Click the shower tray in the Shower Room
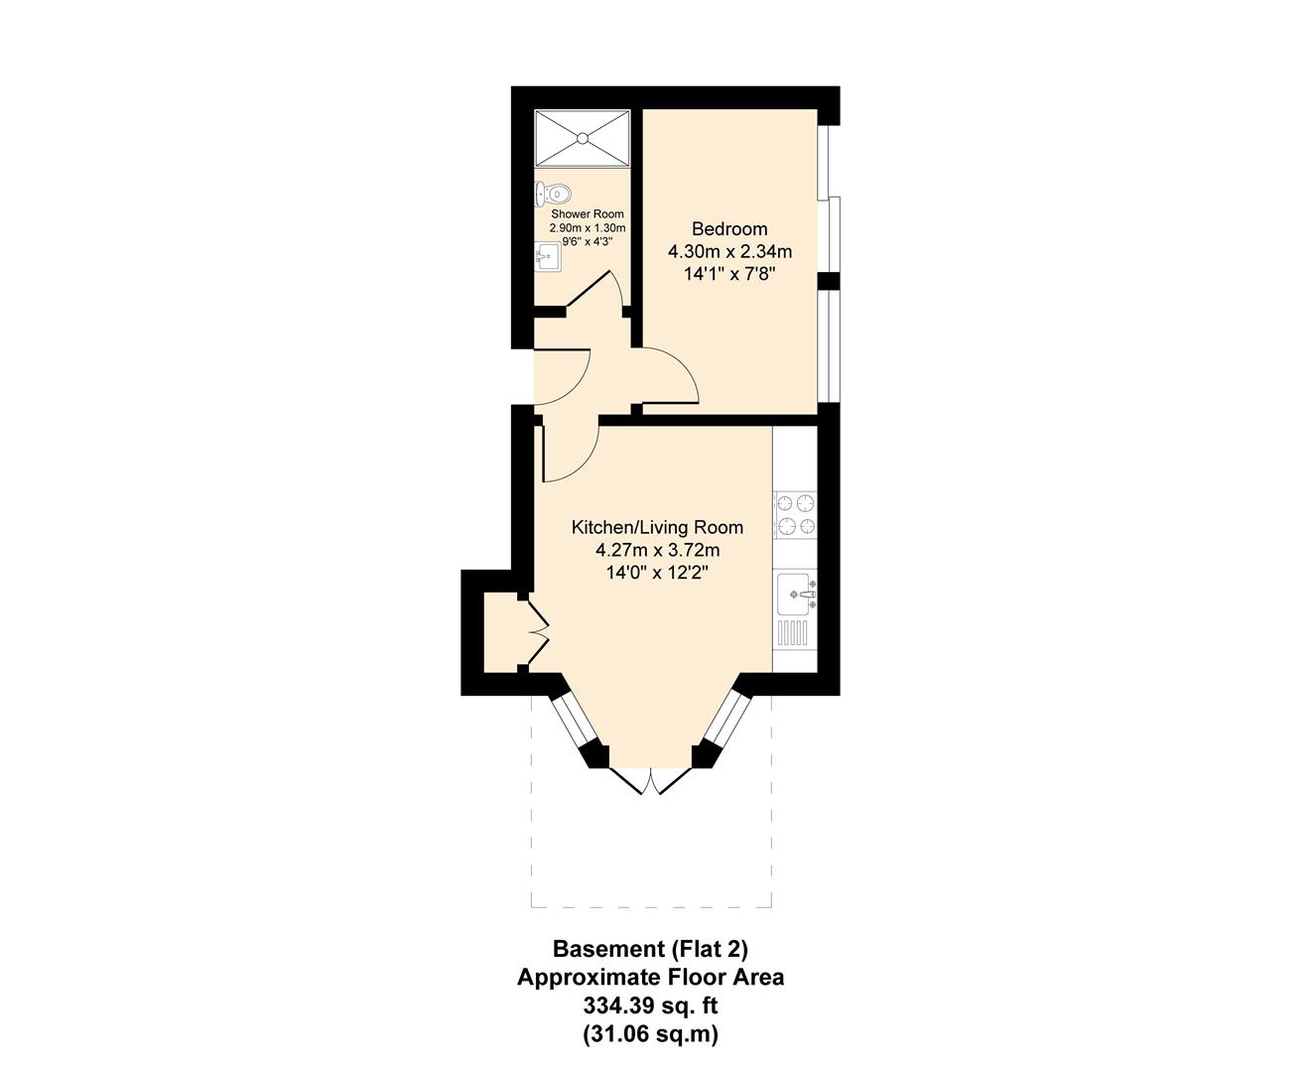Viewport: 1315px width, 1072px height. (582, 139)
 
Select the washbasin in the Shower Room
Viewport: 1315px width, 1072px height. (547, 257)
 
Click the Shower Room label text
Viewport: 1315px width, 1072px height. (588, 214)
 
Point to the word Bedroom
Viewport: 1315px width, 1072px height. (729, 229)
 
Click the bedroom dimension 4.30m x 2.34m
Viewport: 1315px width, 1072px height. (729, 251)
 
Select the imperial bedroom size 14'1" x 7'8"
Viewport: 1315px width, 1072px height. (729, 273)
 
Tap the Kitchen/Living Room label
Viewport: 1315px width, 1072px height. (657, 527)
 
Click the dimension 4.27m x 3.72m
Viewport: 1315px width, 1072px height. (657, 550)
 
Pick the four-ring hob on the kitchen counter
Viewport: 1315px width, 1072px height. (795, 514)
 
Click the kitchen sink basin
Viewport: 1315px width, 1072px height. (795, 594)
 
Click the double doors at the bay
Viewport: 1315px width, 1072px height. (650, 781)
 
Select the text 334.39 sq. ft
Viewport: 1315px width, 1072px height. (650, 1005)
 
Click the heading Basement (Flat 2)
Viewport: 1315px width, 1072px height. (650, 948)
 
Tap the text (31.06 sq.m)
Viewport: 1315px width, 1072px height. (650, 1034)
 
